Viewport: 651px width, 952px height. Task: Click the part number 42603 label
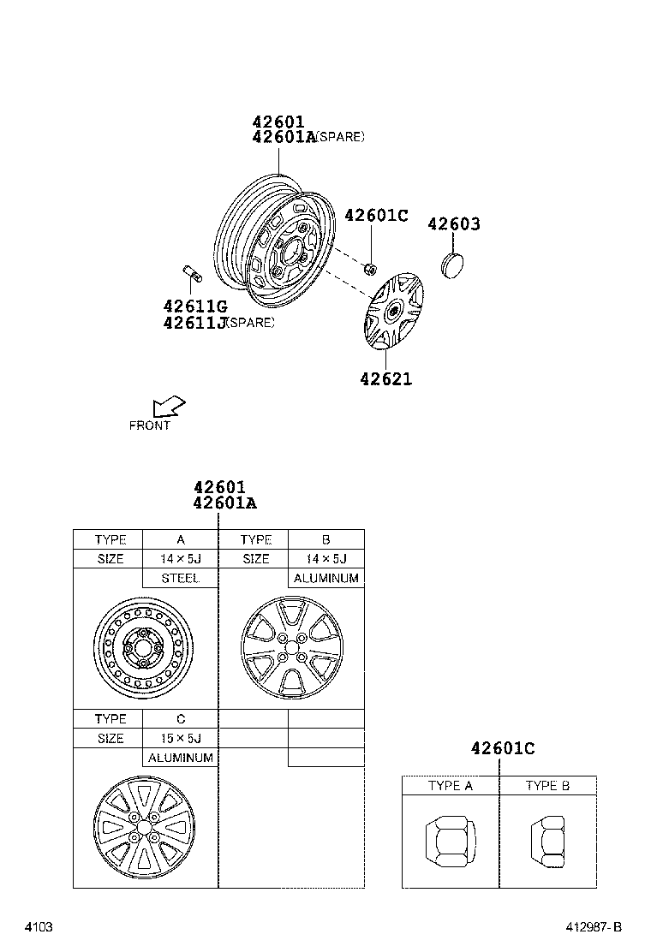[453, 224]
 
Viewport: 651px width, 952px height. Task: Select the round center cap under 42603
[453, 263]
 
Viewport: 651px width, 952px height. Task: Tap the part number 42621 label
[385, 378]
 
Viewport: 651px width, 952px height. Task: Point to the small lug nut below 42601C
[370, 270]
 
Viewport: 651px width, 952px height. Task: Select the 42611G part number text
[194, 306]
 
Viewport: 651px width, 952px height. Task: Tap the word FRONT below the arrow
[150, 425]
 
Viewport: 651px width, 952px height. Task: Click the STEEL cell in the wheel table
[180, 579]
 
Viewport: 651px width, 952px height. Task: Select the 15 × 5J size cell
[180, 738]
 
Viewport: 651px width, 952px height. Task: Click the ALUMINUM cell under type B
[326, 579]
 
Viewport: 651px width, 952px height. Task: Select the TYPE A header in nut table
[451, 786]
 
